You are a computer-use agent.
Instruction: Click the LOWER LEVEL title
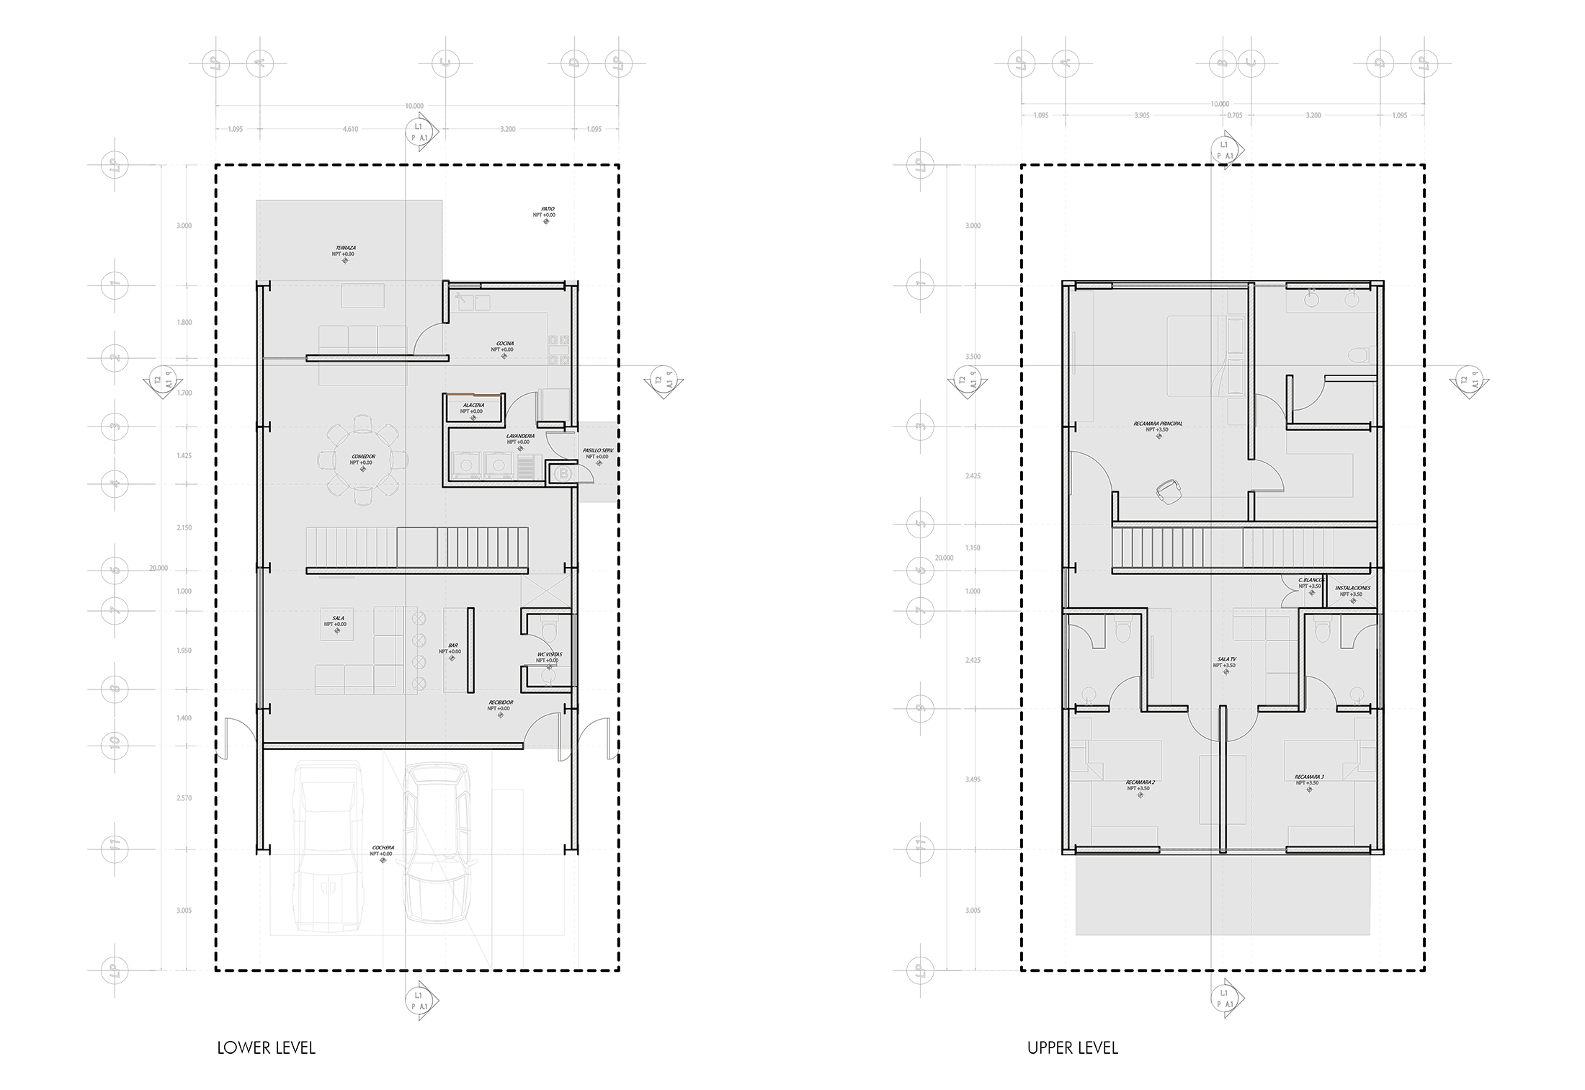point(266,1047)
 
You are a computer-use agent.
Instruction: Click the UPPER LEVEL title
point(1072,1047)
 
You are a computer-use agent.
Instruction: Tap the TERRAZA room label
point(344,248)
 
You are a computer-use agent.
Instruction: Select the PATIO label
point(548,209)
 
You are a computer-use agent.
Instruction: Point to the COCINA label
point(504,344)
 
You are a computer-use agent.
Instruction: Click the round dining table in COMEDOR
point(362,459)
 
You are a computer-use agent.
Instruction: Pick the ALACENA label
point(473,405)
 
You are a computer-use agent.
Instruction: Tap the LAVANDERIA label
point(519,436)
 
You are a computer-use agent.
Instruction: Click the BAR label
point(453,645)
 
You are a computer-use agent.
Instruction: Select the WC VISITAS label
point(549,654)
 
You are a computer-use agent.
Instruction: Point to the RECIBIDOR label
point(499,702)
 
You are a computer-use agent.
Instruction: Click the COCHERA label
point(383,847)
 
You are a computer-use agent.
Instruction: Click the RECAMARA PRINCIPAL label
point(1158,424)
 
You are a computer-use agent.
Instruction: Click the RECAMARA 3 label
point(1309,777)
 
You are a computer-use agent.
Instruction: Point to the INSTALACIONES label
point(1352,588)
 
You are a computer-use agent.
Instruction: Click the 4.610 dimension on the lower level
point(350,129)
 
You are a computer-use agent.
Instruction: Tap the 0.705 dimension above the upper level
point(1235,115)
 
